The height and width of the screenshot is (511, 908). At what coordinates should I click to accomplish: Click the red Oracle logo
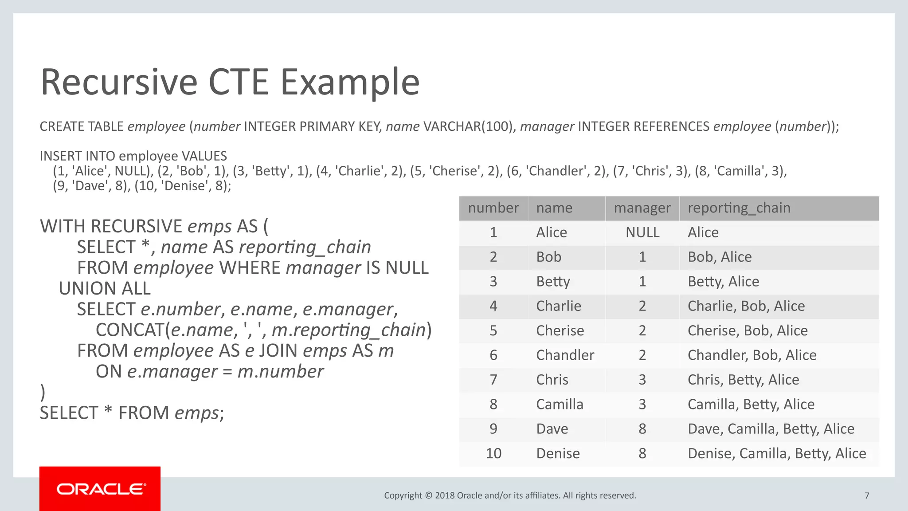pyautogui.click(x=100, y=489)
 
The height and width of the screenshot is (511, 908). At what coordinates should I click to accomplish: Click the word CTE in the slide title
pyautogui.click(x=239, y=82)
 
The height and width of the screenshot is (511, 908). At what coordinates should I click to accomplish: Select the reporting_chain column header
pyautogui.click(x=739, y=208)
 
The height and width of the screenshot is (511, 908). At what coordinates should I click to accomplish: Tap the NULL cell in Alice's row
pyautogui.click(x=642, y=232)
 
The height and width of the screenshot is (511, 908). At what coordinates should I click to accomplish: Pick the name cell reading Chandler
pyautogui.click(x=565, y=355)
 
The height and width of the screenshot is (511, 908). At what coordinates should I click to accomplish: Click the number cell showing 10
pyautogui.click(x=493, y=453)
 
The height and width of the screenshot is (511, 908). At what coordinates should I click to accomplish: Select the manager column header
pyautogui.click(x=642, y=208)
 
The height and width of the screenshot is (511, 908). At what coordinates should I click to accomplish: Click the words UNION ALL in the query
pyautogui.click(x=105, y=289)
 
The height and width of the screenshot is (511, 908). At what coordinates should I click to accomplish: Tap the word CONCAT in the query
pyautogui.click(x=130, y=330)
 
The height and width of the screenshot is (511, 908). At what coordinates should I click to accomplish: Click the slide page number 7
pyautogui.click(x=867, y=495)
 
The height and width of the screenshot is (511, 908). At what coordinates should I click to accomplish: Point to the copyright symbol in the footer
pyautogui.click(x=429, y=495)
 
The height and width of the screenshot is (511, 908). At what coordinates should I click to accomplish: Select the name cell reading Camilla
pyautogui.click(x=560, y=405)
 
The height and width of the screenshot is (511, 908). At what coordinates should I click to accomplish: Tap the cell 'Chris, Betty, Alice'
pyautogui.click(x=743, y=380)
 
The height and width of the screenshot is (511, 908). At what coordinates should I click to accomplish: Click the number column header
pyautogui.click(x=493, y=208)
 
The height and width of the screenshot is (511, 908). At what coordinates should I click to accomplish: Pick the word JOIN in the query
pyautogui.click(x=278, y=351)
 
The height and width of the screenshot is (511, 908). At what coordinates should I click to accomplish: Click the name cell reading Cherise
pyautogui.click(x=560, y=331)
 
